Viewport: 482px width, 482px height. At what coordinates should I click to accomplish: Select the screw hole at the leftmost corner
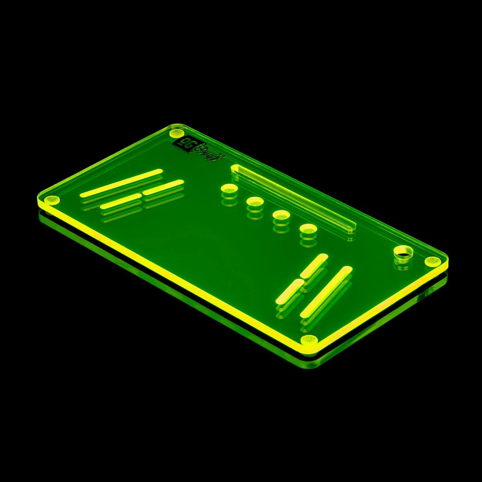[x=51, y=200]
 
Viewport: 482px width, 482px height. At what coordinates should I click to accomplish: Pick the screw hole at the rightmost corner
[x=433, y=261]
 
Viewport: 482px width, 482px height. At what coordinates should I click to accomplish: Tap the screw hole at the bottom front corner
[x=309, y=339]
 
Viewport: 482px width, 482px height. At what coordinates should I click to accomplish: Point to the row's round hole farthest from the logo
[x=308, y=229]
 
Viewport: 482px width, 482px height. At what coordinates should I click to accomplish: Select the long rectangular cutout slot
[x=293, y=196]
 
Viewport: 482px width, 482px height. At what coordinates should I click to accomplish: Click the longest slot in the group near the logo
[x=121, y=183]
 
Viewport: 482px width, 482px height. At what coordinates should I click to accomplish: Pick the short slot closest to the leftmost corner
[x=121, y=200]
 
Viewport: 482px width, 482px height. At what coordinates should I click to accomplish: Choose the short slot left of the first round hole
[x=163, y=187]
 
